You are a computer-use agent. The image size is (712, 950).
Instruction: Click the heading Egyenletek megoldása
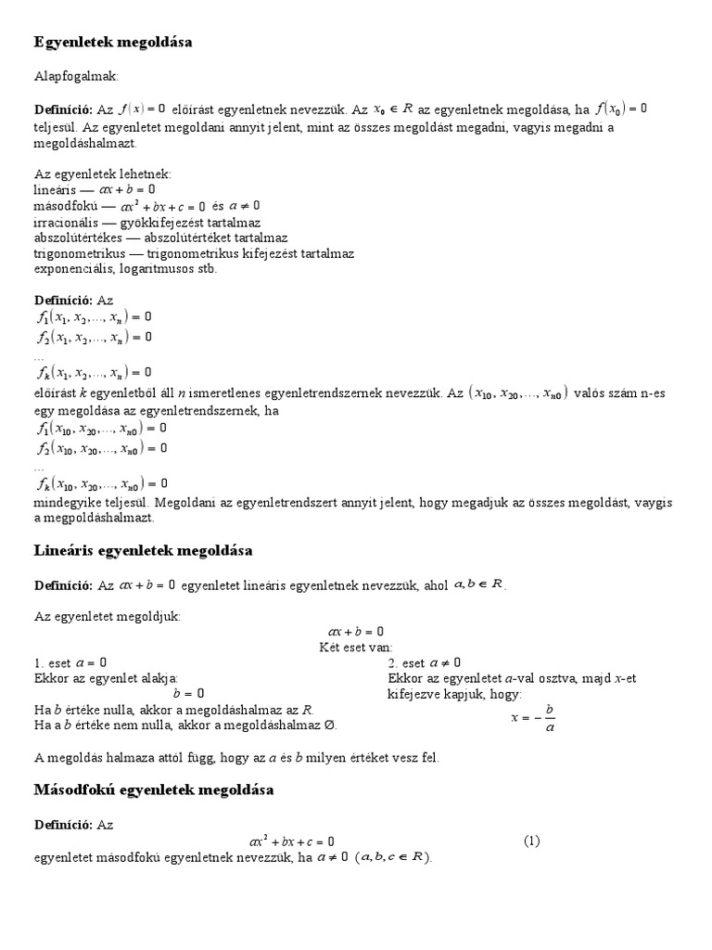click(x=113, y=43)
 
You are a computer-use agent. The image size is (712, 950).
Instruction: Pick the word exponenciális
click(x=74, y=270)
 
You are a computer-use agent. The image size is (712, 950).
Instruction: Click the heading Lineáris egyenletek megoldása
click(x=143, y=551)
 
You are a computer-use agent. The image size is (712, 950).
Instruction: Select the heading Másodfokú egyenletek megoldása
click(x=154, y=790)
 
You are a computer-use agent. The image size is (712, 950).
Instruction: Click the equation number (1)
click(x=531, y=841)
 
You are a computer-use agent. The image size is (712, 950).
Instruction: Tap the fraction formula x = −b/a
click(x=534, y=718)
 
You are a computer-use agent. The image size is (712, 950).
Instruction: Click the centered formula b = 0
click(x=189, y=694)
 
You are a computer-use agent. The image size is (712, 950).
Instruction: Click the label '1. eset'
click(x=54, y=662)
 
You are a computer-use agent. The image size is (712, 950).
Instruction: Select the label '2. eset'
click(x=407, y=662)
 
